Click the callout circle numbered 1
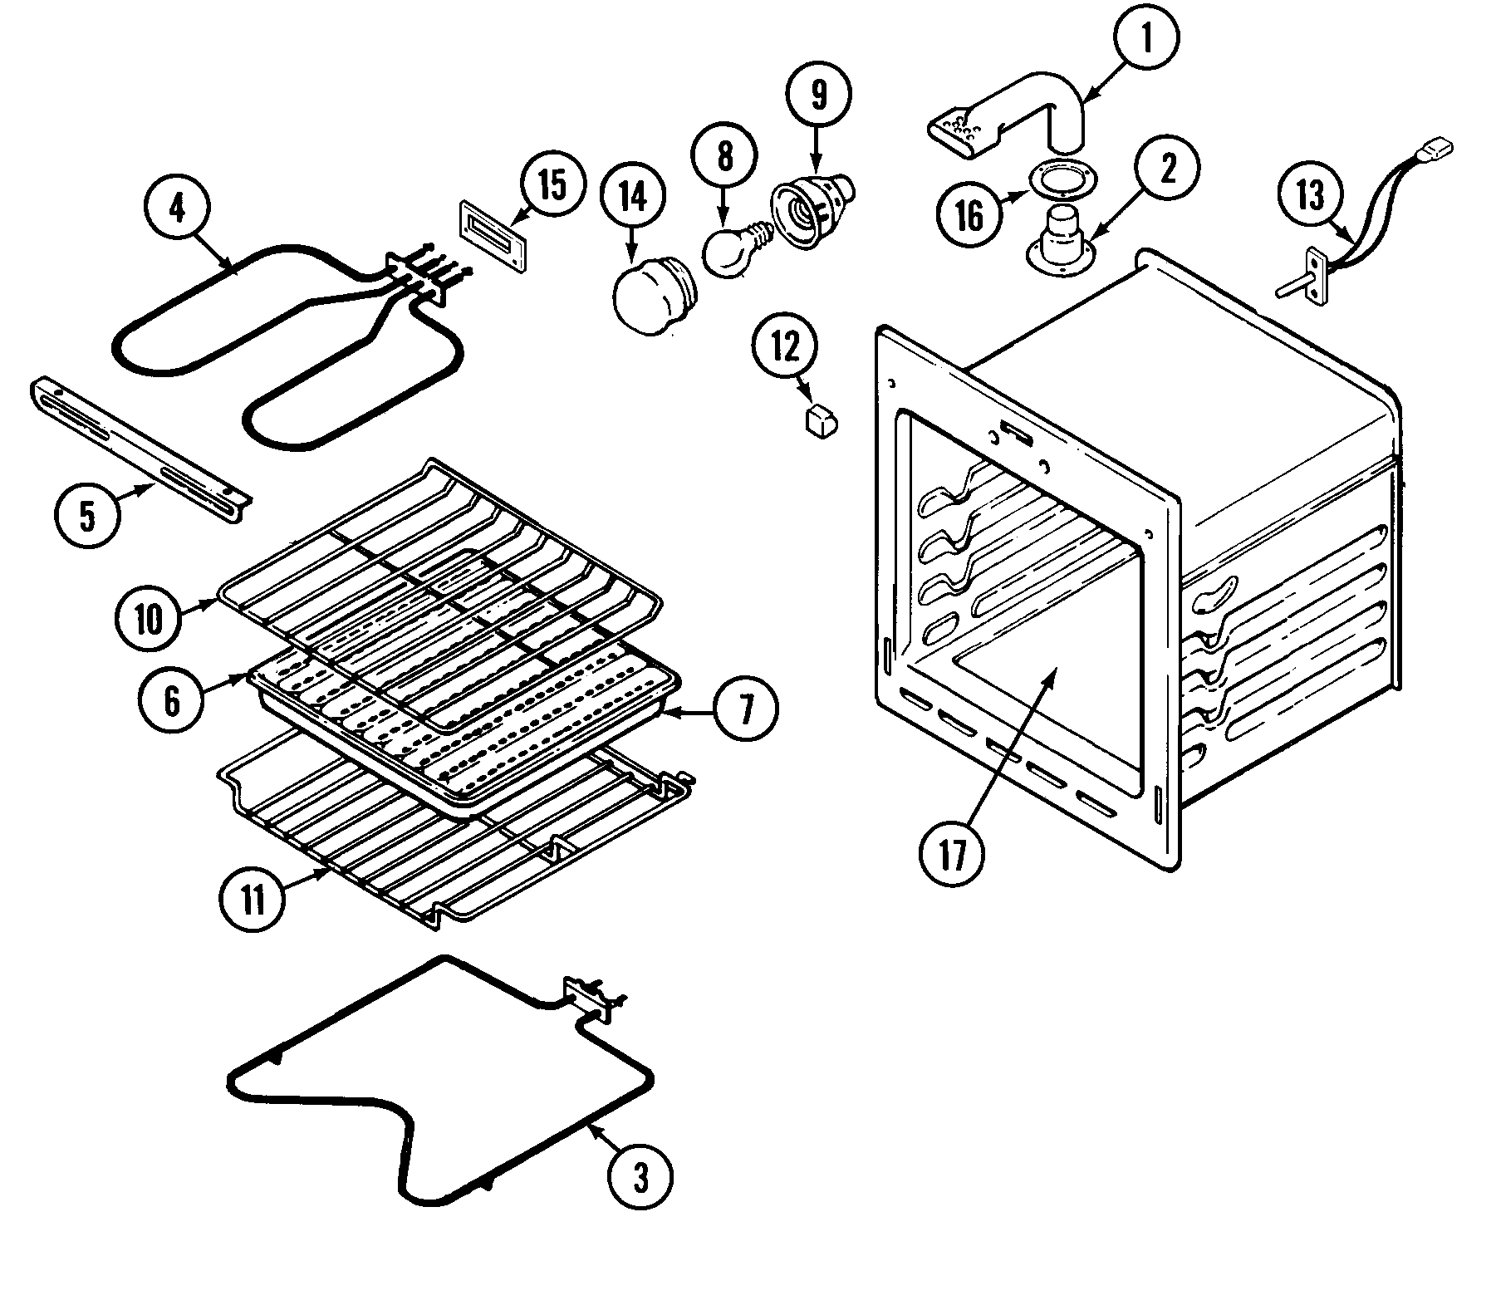pos(1146,39)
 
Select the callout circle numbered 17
pos(952,853)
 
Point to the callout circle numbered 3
pos(639,1178)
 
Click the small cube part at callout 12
pos(821,420)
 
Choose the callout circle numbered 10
pos(150,619)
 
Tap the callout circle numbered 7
pos(745,710)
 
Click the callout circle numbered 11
pos(253,899)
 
